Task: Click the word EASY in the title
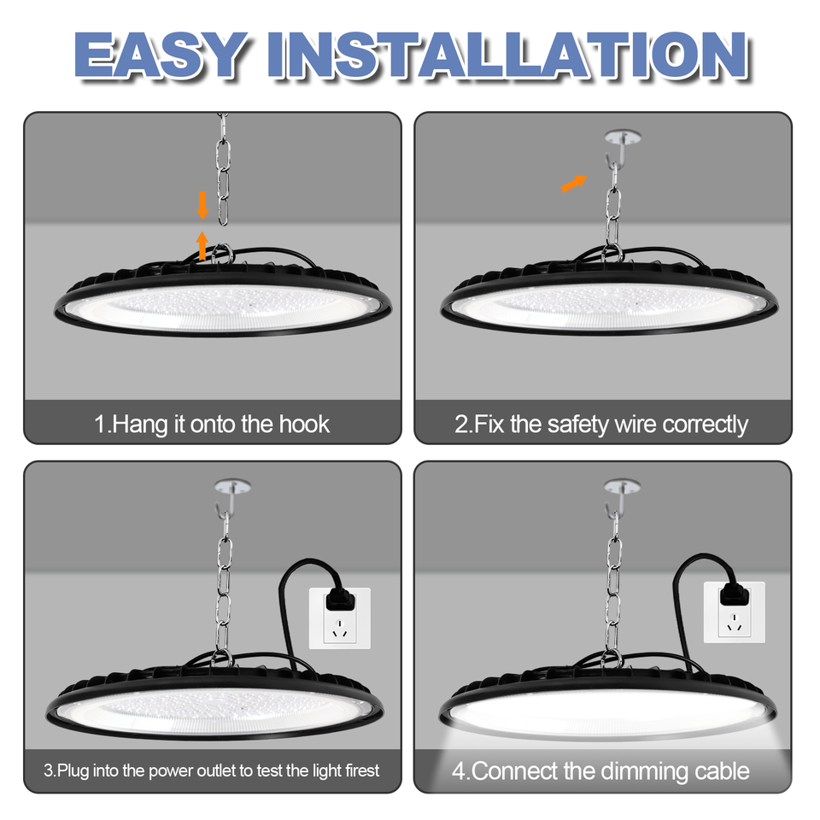[x=162, y=56]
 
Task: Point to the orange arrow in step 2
[x=574, y=183]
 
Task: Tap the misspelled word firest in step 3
[x=360, y=771]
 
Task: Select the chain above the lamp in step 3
[x=224, y=581]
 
